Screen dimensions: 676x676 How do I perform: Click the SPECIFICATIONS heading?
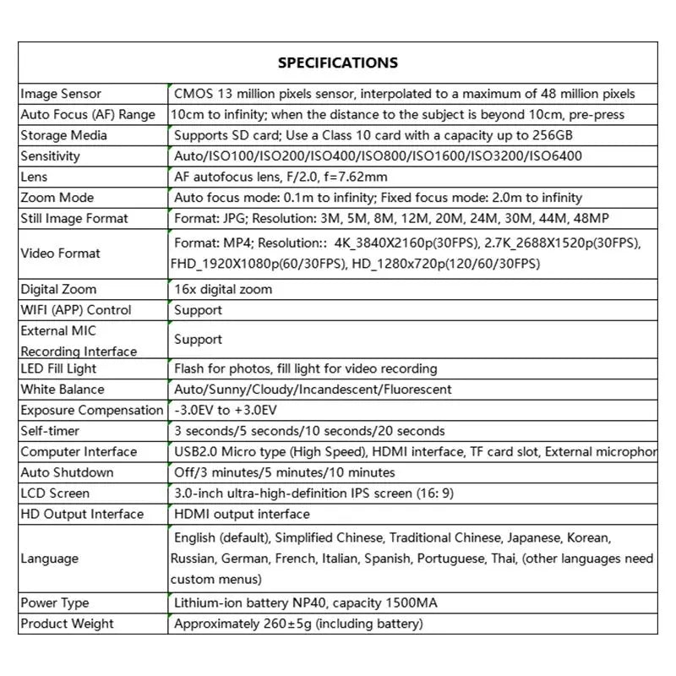[x=337, y=63]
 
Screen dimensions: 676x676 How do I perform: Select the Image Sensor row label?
[x=61, y=94]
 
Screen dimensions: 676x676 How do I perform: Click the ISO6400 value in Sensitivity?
[x=553, y=156]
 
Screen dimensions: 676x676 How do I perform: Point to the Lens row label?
[x=34, y=177]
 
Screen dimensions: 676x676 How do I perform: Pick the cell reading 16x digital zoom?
[x=223, y=290]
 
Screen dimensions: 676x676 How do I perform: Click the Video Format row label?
[x=60, y=253]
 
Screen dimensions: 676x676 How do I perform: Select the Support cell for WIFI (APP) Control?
[x=198, y=310]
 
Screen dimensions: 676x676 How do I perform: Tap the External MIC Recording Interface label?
[x=79, y=341]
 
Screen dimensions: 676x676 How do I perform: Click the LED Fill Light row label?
[x=58, y=368]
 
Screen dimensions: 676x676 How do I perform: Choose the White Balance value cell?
[x=313, y=390]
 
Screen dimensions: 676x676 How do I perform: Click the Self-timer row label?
[x=50, y=431]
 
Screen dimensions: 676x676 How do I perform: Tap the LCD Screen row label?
[x=55, y=493]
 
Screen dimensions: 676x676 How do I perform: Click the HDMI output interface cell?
[x=242, y=514]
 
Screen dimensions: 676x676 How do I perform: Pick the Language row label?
[x=49, y=559]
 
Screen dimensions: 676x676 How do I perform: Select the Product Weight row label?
[x=67, y=624]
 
